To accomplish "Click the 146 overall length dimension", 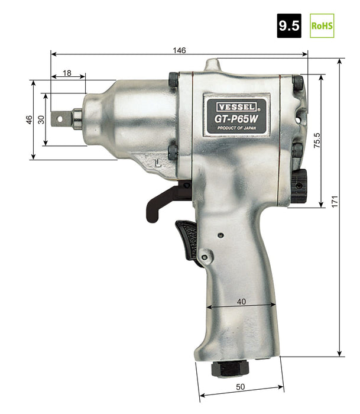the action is point(179,50).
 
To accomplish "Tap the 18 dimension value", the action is point(67,73).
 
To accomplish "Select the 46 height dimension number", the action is point(29,119).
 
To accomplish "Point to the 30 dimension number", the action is point(41,119).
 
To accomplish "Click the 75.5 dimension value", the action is point(317,140).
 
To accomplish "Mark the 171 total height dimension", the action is point(335,202).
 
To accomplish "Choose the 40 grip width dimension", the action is point(241,302).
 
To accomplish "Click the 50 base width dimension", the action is point(240,387).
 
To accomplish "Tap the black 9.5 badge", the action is point(289,25).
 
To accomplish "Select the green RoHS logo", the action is point(322,25).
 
